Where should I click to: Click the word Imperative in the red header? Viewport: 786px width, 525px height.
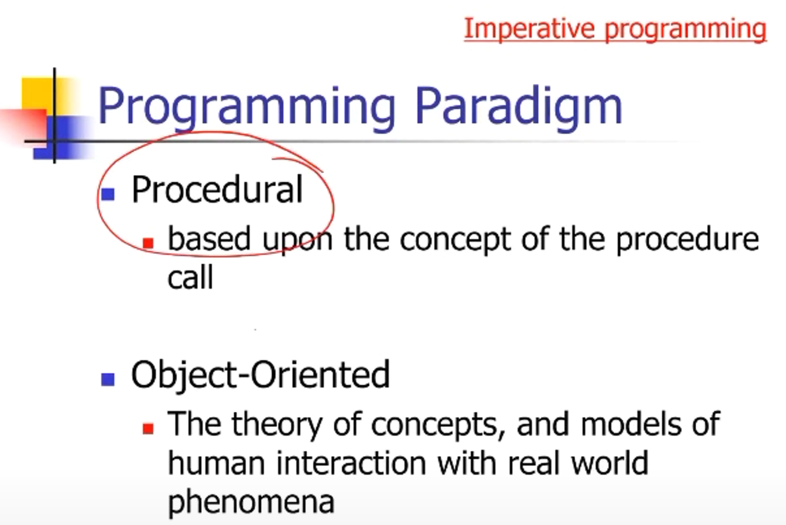pyautogui.click(x=529, y=29)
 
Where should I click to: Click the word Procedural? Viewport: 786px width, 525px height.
pyautogui.click(x=217, y=189)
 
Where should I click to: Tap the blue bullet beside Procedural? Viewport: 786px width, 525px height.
pyautogui.click(x=108, y=194)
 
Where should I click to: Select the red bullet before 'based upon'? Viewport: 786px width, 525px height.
pyautogui.click(x=148, y=243)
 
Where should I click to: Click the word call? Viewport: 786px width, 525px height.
pyautogui.click(x=190, y=277)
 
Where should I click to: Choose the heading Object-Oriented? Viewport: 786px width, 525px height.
pyautogui.click(x=261, y=374)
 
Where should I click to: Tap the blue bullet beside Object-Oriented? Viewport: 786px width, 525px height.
pyautogui.click(x=108, y=380)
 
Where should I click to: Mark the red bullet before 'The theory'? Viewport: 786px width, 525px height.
pyautogui.click(x=148, y=428)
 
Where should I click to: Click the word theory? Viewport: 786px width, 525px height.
pyautogui.click(x=277, y=425)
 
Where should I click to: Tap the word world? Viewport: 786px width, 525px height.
pyautogui.click(x=610, y=463)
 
